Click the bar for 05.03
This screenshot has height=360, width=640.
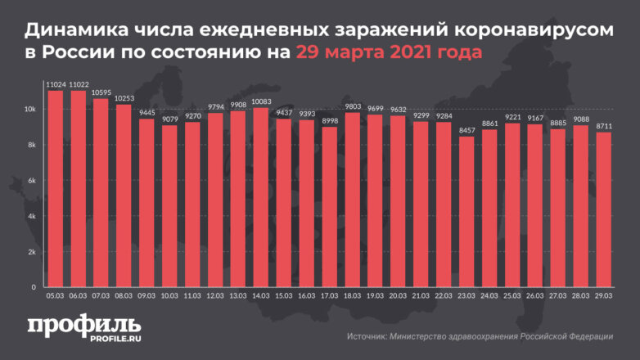point(56,189)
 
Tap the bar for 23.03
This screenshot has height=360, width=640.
point(466,212)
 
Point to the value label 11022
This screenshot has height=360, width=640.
point(79,83)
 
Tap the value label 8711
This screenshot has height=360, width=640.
point(602,125)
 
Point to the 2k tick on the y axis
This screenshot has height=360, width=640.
point(30,252)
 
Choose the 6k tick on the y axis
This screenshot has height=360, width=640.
point(30,181)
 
